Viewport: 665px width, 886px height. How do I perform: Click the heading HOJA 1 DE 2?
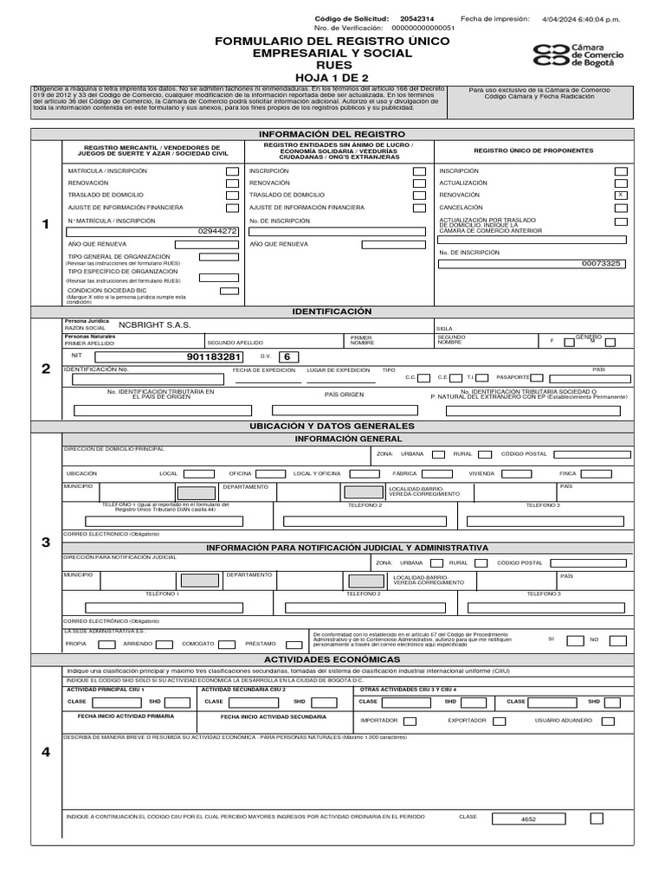pos(332,76)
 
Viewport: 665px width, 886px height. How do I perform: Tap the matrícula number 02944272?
pos(217,232)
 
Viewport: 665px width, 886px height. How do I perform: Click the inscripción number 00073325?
pos(601,263)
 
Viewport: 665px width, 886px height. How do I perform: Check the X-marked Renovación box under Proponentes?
pos(620,196)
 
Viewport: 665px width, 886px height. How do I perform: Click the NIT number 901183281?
pos(215,356)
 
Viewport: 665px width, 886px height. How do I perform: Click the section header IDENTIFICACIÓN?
pos(332,311)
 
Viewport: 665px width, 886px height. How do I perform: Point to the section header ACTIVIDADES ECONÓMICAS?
pos(332,659)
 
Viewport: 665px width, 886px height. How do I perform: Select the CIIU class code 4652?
pos(528,818)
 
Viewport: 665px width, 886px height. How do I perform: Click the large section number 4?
pos(46,751)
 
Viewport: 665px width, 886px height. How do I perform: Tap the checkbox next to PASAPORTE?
pos(537,377)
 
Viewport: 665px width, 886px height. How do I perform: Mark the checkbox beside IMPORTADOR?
pos(410,721)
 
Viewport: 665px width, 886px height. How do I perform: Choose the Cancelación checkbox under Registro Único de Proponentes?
pos(620,208)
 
